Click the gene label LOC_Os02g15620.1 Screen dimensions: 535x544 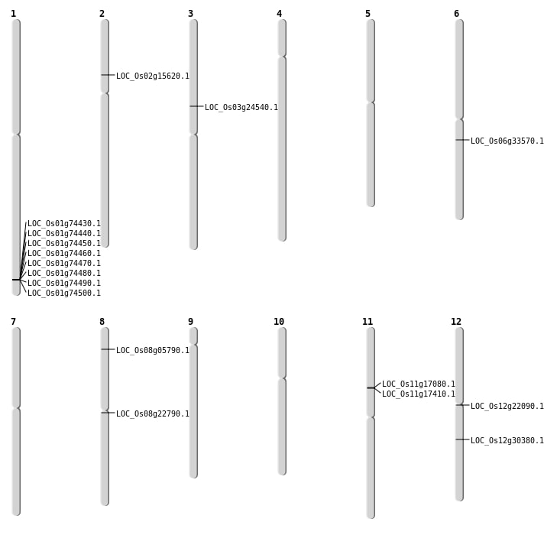coord(152,76)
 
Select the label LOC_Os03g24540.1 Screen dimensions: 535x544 coord(241,108)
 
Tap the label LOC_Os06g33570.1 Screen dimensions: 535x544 coord(507,141)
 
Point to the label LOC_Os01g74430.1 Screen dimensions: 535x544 coord(64,224)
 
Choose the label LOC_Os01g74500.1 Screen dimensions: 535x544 coord(64,293)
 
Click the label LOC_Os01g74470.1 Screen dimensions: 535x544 coord(64,264)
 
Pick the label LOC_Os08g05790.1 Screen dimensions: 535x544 coord(152,351)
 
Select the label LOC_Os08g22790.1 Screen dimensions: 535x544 coord(152,414)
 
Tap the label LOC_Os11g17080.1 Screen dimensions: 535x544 coord(418,384)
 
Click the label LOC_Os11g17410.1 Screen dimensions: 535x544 coord(418,394)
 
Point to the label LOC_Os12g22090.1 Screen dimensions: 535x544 coord(507,407)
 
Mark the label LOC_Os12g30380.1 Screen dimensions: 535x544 coord(507,441)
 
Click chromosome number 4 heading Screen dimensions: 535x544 coord(279,14)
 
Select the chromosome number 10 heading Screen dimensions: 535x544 coord(279,322)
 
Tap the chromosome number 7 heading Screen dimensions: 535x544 coord(13,322)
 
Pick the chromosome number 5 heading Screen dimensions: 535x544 coord(368,14)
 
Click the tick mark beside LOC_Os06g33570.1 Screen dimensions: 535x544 coord(461,140)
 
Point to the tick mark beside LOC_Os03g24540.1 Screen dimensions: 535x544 coord(196,106)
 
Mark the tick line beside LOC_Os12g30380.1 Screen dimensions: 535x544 coord(461,439)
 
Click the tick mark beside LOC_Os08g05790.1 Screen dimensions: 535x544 coord(107,349)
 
